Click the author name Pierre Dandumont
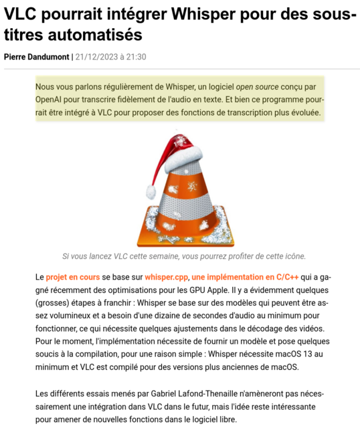click(x=37, y=57)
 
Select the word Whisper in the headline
click(x=203, y=14)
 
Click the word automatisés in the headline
click(x=95, y=35)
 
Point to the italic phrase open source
click(x=258, y=87)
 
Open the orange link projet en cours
click(x=73, y=277)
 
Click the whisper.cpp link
click(x=166, y=277)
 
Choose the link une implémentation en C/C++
click(x=245, y=277)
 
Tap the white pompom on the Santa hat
click(x=151, y=191)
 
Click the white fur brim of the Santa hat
click(x=183, y=158)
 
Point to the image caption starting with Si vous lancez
click(x=184, y=256)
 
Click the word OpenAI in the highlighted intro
click(x=48, y=100)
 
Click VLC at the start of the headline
click(x=20, y=14)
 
